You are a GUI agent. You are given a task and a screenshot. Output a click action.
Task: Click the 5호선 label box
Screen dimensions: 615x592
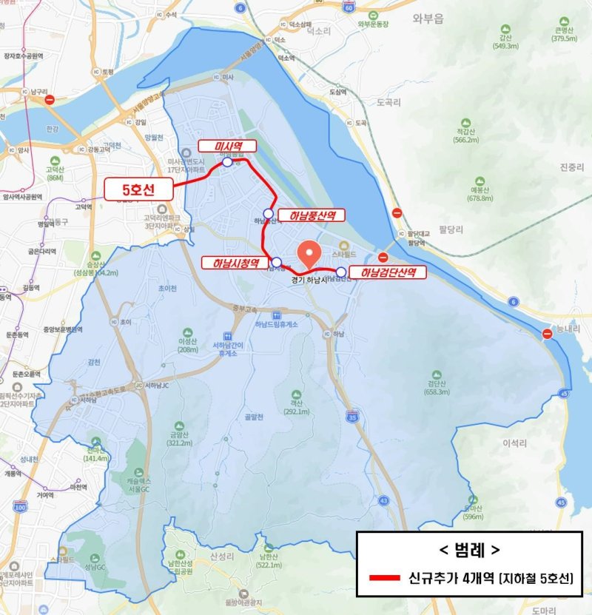click(138, 189)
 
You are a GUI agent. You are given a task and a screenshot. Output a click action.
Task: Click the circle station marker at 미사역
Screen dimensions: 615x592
click(226, 163)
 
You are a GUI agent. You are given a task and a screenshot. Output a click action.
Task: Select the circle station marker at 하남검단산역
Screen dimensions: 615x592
click(340, 272)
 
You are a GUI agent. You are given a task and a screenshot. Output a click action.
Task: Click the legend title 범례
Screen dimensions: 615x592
click(468, 551)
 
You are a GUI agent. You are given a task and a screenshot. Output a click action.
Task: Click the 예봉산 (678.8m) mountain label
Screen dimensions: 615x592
click(480, 195)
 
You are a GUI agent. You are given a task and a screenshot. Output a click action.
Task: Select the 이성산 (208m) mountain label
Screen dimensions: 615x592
click(188, 345)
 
